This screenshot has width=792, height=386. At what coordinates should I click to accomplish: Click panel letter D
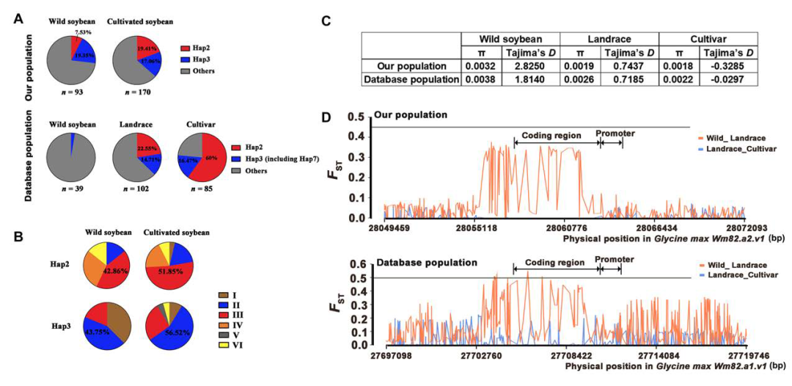(x=327, y=118)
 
